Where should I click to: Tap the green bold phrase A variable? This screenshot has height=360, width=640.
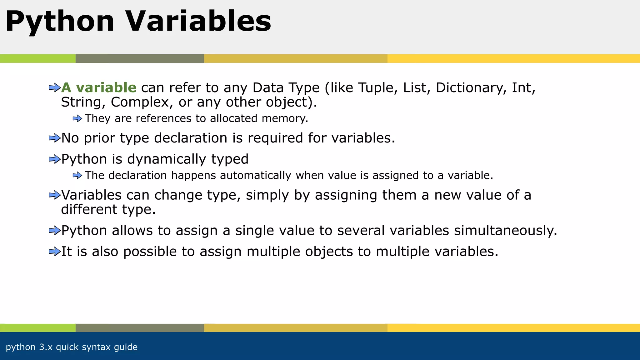coord(99,87)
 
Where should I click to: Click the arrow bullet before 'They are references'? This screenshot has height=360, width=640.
coord(77,119)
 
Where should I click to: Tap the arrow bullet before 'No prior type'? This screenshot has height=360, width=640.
coord(54,138)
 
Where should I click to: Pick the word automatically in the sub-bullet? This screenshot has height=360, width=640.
coord(255,175)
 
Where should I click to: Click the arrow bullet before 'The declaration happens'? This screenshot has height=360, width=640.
coord(77,176)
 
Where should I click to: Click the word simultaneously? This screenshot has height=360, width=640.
coord(505,231)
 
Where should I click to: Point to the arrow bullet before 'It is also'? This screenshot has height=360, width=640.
coord(54,252)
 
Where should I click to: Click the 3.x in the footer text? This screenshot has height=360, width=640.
coord(46,347)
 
